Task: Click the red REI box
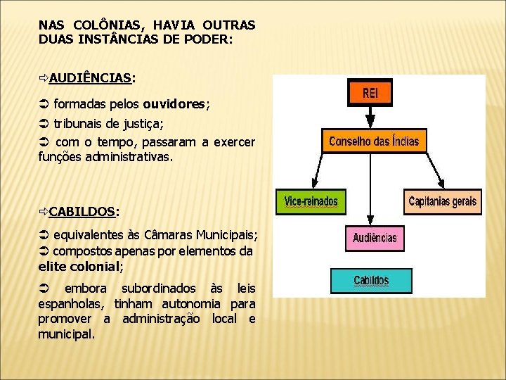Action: click(x=370, y=93)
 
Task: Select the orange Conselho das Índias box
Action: click(x=373, y=141)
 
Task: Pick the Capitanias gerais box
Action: click(x=442, y=201)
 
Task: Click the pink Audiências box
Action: click(x=375, y=238)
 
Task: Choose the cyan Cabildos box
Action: click(x=370, y=280)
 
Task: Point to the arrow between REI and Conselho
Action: click(x=370, y=117)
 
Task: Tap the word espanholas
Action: click(x=70, y=303)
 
